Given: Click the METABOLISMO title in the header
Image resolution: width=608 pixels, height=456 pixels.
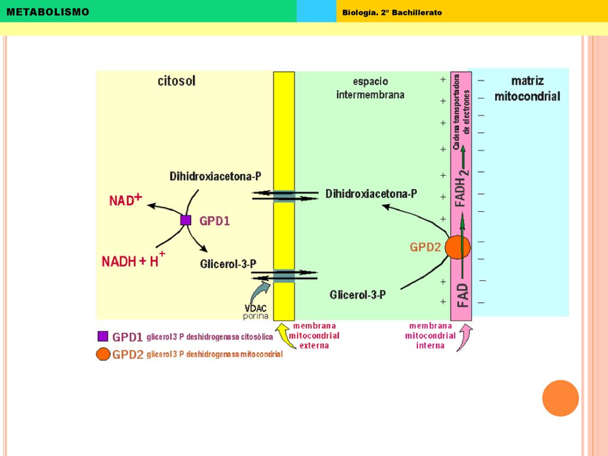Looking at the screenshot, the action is coord(47,12).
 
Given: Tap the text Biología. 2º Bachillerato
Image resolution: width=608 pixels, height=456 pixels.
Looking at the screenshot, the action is coord(392,12).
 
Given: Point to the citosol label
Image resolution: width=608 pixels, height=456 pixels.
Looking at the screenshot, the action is coord(176,81).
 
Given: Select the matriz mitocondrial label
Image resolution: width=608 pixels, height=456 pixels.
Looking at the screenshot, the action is coord(527,88).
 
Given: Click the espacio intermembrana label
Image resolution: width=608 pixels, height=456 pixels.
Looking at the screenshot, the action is coord(370,88).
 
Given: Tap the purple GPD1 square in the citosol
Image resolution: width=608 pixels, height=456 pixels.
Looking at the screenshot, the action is coord(186,220).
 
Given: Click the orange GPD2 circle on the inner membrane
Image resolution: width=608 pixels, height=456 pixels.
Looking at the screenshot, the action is coord(458,247).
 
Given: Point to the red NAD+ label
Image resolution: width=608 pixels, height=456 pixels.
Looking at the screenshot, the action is coord(125,199).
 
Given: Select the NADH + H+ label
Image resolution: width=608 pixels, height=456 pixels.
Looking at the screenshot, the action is coord(134,259).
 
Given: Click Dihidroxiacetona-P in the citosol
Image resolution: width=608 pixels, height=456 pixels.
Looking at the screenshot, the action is coord(215,176).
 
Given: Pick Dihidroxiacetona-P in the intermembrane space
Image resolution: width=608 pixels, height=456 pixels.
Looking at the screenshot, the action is coord(371,194).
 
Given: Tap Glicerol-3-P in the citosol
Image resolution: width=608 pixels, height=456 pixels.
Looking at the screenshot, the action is coord(228,264).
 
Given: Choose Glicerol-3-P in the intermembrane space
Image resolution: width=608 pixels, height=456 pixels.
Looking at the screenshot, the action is coord(357,295).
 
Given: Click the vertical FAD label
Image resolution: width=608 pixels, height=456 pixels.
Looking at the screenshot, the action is coord(463,295).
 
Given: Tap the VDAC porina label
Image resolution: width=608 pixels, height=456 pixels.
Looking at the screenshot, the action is coord(255,312).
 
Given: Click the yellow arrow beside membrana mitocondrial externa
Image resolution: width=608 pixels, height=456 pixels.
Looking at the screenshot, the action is coord(284,334).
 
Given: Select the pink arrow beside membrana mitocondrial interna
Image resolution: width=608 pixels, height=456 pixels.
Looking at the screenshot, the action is coord(466,337).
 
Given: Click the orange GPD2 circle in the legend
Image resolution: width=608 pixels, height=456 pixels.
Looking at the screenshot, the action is coord(103,354).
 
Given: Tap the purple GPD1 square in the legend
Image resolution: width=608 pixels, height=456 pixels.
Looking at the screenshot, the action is coord(103,336).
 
